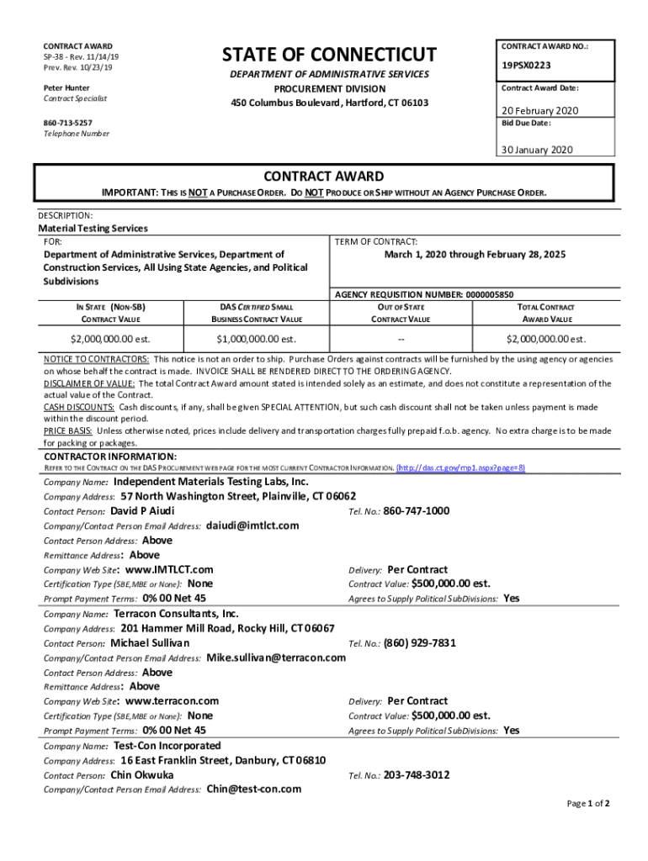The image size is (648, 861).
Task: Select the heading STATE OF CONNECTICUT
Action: point(329,55)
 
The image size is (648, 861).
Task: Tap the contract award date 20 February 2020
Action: point(540,111)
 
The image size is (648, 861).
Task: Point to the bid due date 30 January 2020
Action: point(537,150)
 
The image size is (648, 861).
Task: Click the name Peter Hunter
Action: point(66,87)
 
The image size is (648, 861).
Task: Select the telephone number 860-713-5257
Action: point(68,122)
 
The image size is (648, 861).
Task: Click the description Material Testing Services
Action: point(93,228)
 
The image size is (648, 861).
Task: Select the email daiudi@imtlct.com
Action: point(252,526)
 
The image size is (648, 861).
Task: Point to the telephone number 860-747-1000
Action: point(417,510)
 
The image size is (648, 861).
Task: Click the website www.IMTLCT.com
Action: point(168,569)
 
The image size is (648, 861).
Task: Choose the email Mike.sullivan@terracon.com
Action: point(276,658)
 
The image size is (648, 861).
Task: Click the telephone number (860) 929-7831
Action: point(420,643)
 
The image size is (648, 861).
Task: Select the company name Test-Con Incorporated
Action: point(167,746)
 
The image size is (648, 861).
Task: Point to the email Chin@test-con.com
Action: point(253,789)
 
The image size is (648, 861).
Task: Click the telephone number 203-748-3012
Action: point(417,774)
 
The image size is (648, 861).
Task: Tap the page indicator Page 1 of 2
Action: point(588,804)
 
